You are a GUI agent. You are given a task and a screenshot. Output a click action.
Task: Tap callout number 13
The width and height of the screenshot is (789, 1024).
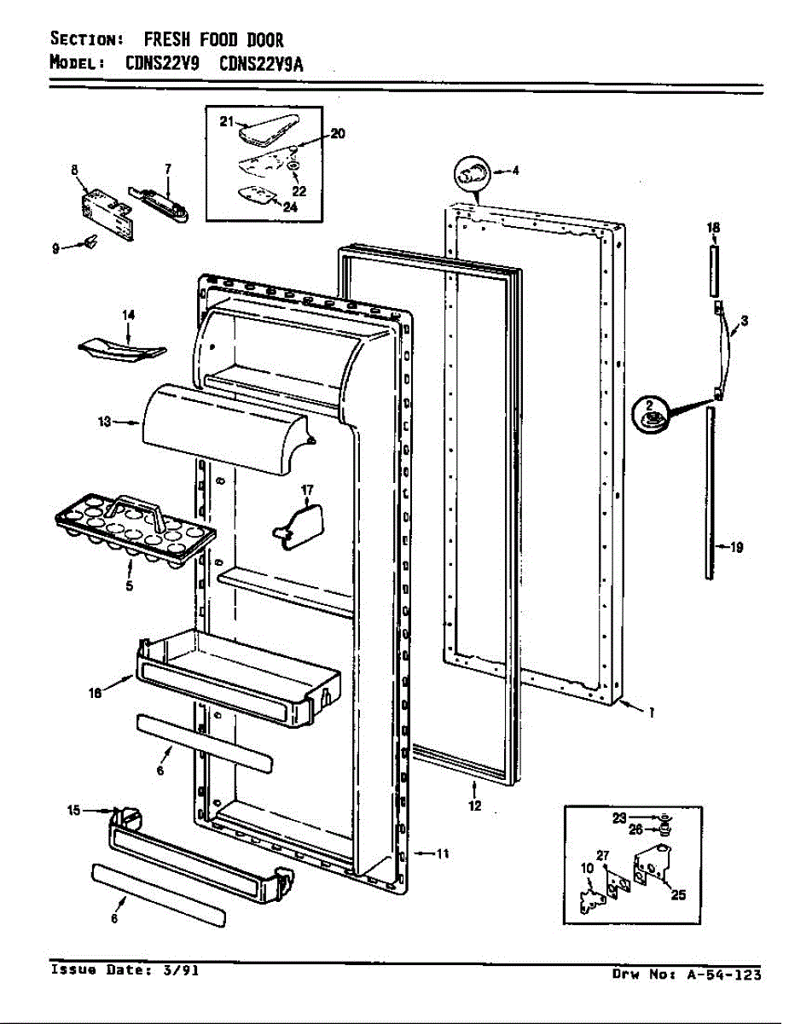pos(105,422)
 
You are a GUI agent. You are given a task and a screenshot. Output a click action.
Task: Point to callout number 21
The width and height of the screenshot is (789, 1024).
pos(226,122)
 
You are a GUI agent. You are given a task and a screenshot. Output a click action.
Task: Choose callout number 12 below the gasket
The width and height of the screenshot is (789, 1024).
pos(475,805)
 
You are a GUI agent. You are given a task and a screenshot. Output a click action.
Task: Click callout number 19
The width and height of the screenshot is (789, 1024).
pos(734,548)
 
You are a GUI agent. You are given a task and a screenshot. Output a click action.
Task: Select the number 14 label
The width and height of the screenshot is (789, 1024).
pos(129,315)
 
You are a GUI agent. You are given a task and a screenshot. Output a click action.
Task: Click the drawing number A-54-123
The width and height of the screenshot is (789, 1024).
pos(721,975)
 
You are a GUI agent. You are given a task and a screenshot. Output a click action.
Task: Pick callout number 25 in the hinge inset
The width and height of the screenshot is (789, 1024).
pos(678,895)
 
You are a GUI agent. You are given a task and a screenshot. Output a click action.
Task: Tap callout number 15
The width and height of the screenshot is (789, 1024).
pos(73,810)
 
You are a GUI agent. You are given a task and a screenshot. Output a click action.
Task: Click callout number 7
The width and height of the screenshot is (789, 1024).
pos(167,168)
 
